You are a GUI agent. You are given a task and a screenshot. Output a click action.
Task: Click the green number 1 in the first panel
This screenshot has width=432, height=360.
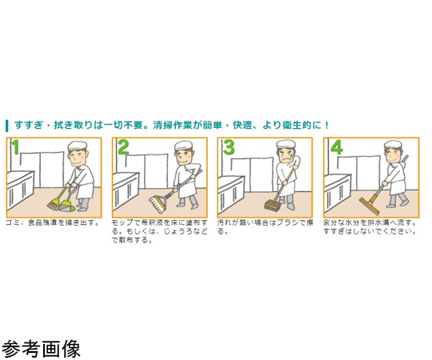point(16,147)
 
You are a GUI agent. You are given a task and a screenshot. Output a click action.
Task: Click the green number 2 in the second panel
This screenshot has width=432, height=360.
point(123,147)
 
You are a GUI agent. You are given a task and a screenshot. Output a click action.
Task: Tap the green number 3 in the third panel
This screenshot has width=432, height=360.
point(229,147)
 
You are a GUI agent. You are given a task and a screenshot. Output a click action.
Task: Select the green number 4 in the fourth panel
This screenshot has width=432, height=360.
point(336,147)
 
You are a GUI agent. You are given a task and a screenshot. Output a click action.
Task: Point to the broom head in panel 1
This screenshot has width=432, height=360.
point(54,206)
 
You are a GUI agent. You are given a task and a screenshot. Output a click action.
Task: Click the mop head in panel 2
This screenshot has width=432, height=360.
point(157,204)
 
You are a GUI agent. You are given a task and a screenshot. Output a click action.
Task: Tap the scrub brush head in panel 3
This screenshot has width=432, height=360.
point(272,206)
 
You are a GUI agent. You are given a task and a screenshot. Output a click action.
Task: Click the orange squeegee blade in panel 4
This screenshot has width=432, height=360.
point(369,206)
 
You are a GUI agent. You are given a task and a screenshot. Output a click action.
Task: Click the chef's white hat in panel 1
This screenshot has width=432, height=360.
point(78,146)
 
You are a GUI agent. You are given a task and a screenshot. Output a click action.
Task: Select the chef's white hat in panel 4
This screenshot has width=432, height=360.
point(394,145)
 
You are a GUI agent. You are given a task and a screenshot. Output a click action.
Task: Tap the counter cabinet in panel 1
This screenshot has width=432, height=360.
point(20,190)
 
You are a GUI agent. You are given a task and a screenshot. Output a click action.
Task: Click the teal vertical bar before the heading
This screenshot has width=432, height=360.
point(7,126)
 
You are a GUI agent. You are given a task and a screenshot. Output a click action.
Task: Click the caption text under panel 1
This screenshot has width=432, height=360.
point(52,222)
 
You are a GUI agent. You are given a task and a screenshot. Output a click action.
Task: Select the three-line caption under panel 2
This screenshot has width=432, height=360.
point(159,231)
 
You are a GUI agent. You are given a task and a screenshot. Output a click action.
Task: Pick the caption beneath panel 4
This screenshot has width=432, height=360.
point(370,227)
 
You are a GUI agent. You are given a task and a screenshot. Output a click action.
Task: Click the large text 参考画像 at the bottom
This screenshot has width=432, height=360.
point(41,349)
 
